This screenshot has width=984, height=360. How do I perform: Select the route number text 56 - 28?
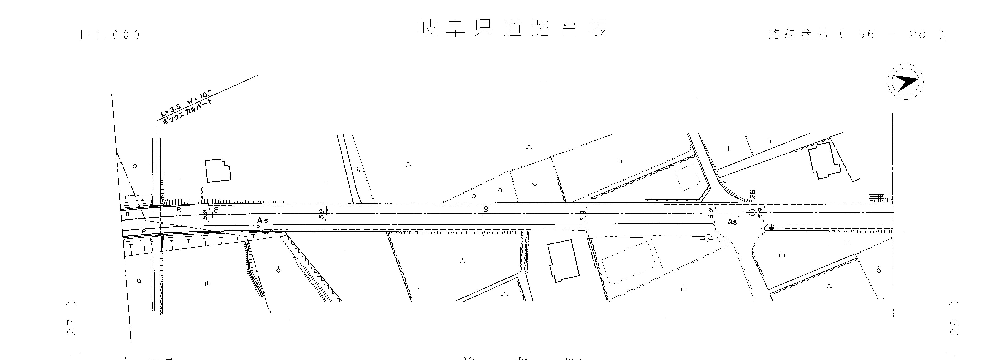pos(892,34)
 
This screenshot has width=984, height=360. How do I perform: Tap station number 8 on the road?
pos(216,209)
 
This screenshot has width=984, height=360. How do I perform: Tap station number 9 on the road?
pos(486,209)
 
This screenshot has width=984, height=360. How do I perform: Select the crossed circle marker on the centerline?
pos(752,213)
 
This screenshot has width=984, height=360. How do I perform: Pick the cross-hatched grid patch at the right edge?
pos(881,198)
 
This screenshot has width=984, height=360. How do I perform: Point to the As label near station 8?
pos(263,220)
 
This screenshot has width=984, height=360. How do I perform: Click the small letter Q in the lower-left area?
pos(139,281)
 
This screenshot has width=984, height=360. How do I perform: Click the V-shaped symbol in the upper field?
pos(535,184)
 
